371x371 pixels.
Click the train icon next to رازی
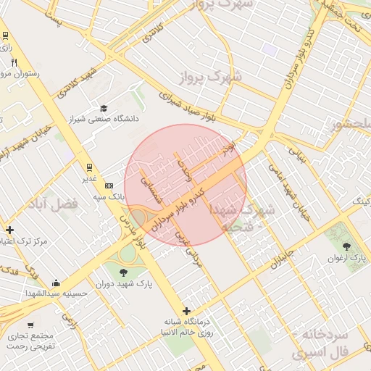click(6, 35)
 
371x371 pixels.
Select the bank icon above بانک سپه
click(109, 185)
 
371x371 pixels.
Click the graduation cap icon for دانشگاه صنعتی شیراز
click(104, 107)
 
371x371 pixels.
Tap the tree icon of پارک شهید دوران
click(122, 272)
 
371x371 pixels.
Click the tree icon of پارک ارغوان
click(346, 246)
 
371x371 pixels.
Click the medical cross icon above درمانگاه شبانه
click(186, 310)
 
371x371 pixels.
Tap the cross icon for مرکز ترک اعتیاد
click(9, 230)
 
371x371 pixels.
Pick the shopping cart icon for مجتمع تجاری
click(30, 325)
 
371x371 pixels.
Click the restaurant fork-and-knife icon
click(14, 62)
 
